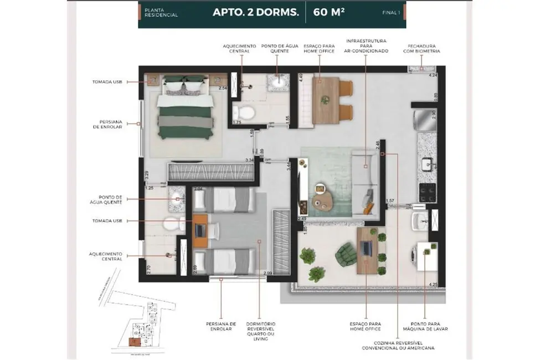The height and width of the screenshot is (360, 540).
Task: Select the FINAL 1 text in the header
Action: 391,13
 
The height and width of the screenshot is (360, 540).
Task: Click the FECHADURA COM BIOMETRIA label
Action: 424,48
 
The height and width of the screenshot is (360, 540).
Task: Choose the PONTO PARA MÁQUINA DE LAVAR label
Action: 426,326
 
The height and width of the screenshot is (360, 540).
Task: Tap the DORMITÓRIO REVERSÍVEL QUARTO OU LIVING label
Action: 261,331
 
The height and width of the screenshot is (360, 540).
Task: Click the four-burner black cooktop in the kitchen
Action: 427,192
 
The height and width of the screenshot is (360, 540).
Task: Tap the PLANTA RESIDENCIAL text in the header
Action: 166,13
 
